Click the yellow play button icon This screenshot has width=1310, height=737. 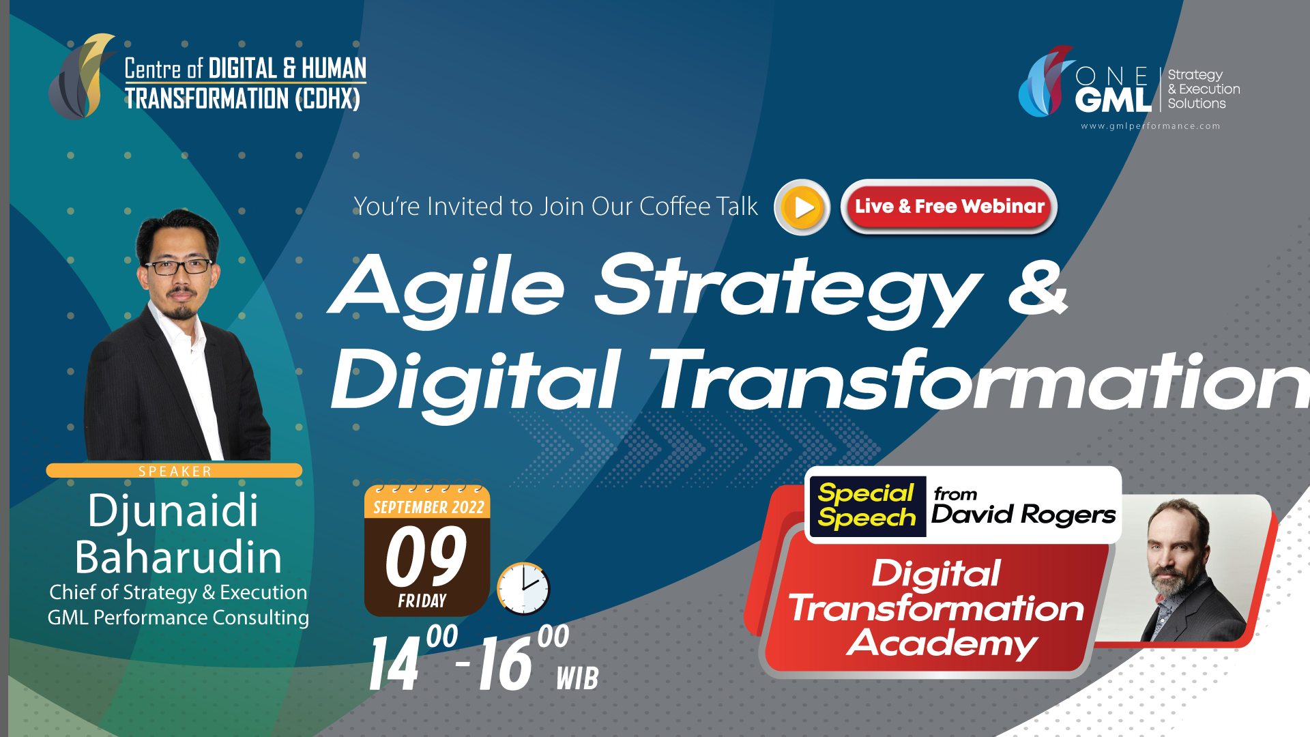[x=802, y=207]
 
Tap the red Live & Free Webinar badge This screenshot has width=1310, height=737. [x=949, y=207]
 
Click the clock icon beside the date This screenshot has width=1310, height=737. [x=523, y=588]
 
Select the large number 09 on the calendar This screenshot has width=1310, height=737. [x=426, y=557]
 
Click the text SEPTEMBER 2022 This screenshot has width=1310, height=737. [x=428, y=507]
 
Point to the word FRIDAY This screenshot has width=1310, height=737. [x=422, y=601]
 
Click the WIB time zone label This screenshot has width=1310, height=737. [x=577, y=678]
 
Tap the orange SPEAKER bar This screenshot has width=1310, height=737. [x=174, y=471]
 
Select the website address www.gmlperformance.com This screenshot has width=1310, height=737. [x=1150, y=126]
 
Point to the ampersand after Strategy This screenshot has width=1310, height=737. [x=1038, y=287]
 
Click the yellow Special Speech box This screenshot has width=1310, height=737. [x=867, y=506]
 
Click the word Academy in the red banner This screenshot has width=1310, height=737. [x=942, y=643]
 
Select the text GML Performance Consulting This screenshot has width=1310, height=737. [x=178, y=618]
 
